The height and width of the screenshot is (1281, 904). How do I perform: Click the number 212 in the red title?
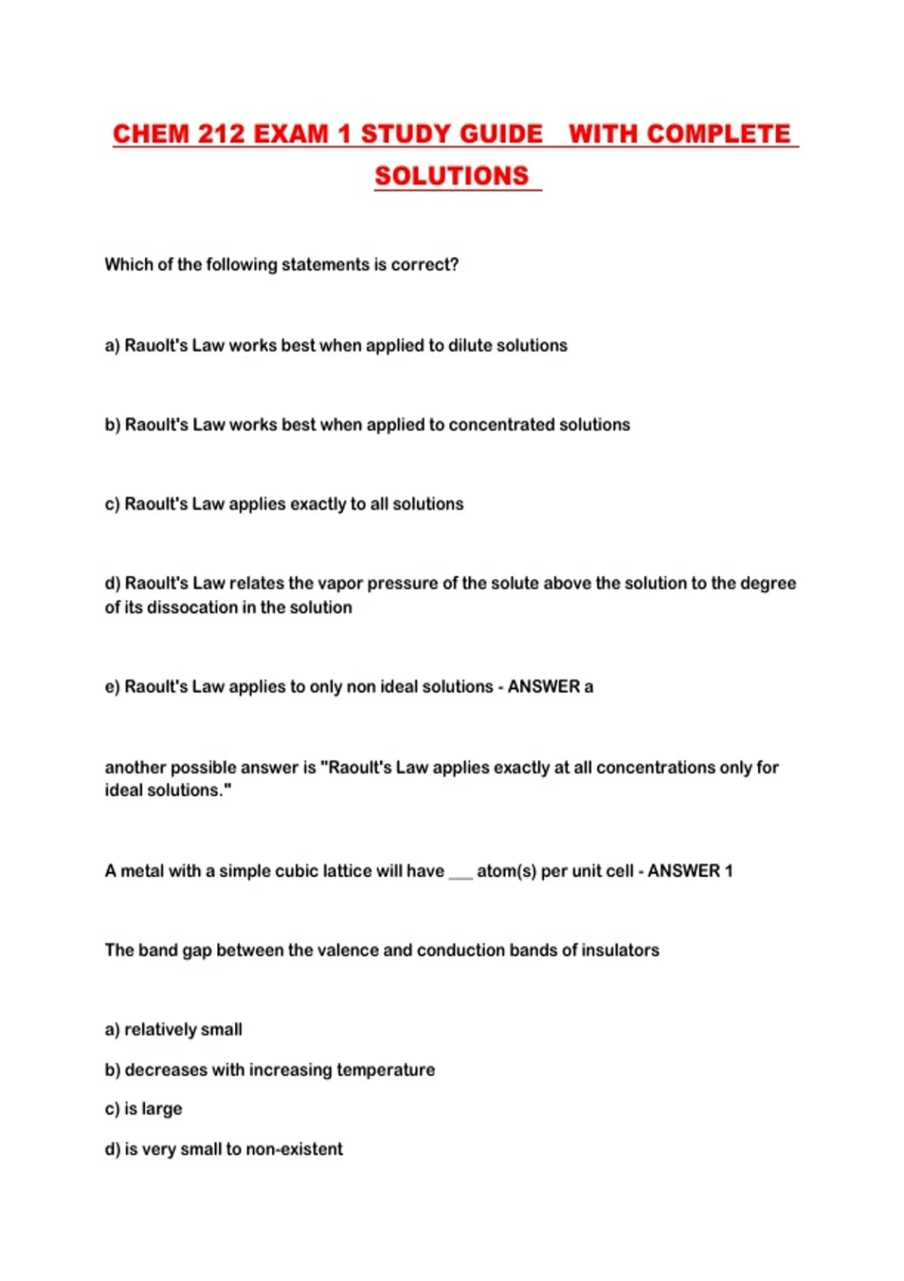221,134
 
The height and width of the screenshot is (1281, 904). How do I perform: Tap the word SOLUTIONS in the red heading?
452,176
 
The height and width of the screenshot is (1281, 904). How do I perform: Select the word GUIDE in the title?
501,134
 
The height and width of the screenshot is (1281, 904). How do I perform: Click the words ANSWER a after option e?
550,687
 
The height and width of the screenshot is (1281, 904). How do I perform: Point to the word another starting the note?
135,768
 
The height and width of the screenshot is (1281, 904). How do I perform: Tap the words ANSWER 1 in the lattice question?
690,871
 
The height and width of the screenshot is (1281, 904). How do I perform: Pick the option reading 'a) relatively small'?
174,1030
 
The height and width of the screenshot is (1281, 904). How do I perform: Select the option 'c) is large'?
144,1109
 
